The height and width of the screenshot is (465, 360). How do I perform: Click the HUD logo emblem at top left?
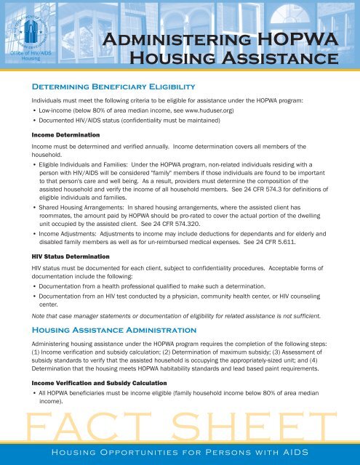[x=31, y=30]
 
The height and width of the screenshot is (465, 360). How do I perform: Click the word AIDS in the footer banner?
[x=291, y=454]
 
